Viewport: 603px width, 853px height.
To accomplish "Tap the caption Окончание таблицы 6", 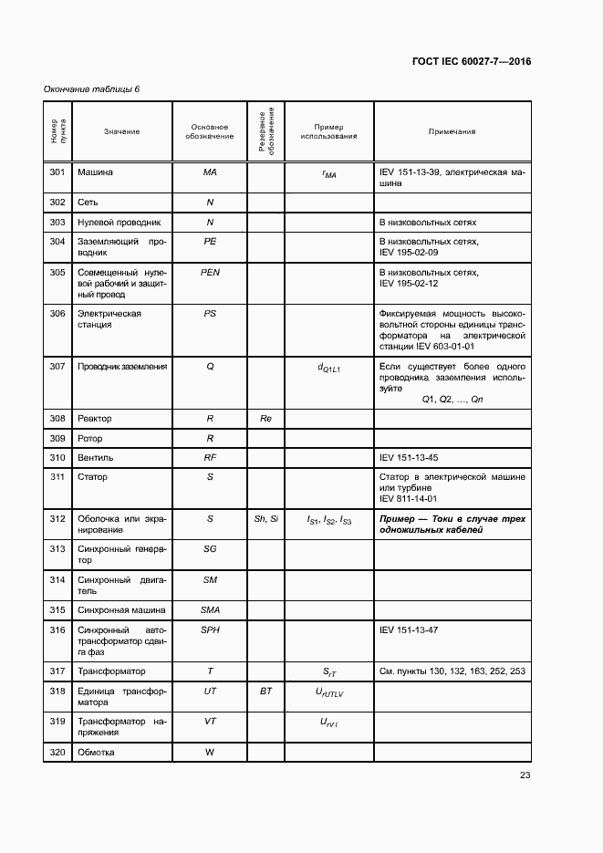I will point(92,88).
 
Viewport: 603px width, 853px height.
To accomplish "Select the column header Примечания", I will point(452,132).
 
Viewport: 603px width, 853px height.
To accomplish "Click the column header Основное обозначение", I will point(210,132).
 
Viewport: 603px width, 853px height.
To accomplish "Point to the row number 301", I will point(57,172).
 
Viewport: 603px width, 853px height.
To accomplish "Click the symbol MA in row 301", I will point(210,172).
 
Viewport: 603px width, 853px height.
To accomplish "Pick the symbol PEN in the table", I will point(210,273).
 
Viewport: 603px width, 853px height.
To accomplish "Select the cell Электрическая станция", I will point(109,318).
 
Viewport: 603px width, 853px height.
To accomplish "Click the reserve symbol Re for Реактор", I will point(265,419).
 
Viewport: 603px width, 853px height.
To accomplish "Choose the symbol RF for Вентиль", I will point(210,458).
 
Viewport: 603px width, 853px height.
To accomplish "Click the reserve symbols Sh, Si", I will point(265,519).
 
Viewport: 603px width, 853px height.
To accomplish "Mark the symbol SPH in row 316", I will point(210,630).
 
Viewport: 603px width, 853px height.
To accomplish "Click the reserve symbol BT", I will point(265,692).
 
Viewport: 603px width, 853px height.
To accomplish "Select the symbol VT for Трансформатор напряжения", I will point(210,722).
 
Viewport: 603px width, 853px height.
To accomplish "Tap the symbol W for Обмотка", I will point(210,753).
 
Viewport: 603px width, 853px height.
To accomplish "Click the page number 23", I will point(525,776).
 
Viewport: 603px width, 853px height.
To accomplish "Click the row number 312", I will point(57,519).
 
